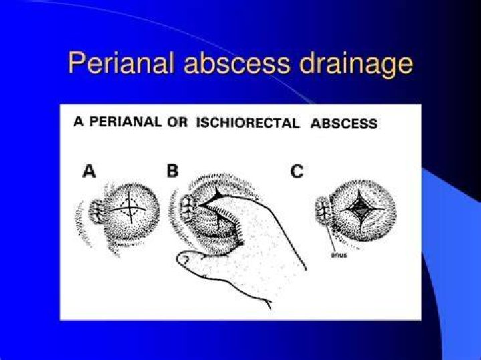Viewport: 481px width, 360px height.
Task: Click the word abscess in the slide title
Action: click(236, 63)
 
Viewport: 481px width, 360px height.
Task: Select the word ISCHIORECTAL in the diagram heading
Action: click(248, 123)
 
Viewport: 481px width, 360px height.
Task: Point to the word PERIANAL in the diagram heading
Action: click(125, 122)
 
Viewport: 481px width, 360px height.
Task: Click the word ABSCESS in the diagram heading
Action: click(344, 124)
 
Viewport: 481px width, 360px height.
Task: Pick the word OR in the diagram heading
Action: click(177, 122)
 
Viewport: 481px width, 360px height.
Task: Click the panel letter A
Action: click(89, 171)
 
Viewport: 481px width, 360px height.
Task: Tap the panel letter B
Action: click(172, 171)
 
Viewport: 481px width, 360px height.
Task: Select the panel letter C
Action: click(297, 172)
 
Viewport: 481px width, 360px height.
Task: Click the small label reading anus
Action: click(339, 255)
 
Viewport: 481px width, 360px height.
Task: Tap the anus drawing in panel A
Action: click(96, 211)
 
